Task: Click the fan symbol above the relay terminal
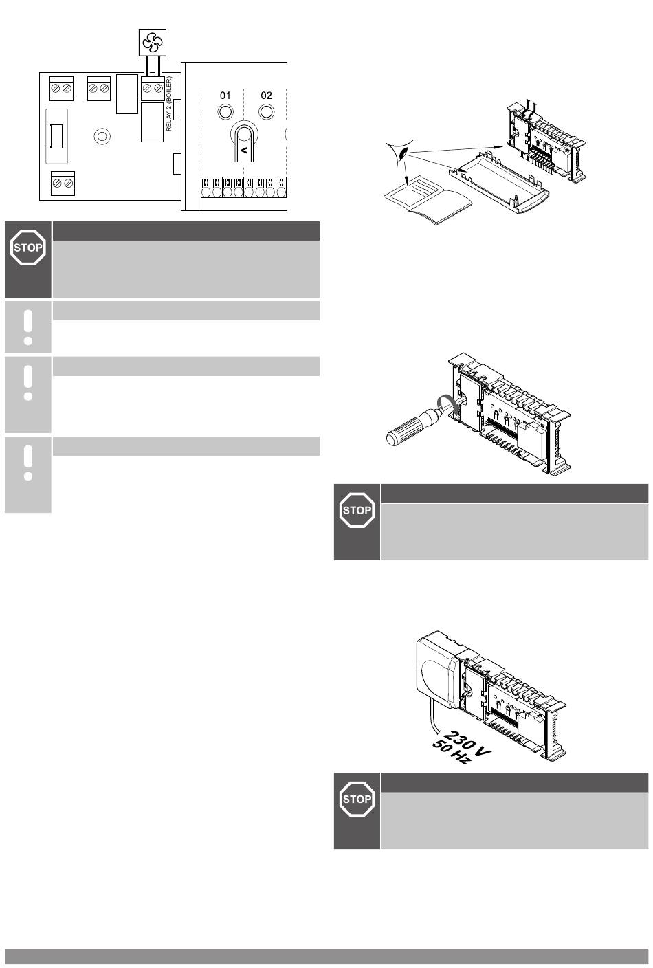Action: (152, 43)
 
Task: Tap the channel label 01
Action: (225, 95)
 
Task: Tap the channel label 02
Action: (266, 95)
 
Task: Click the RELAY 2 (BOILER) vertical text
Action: (169, 104)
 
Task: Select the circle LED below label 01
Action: (225, 112)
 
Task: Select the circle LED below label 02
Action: (266, 112)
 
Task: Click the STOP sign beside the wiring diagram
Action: (28, 247)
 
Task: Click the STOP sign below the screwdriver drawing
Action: (357, 510)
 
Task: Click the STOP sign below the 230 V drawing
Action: (357, 799)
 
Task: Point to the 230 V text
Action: (467, 742)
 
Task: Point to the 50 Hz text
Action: (450, 753)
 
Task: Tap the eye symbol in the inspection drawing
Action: (400, 152)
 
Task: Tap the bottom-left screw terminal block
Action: (63, 184)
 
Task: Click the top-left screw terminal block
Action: (61, 89)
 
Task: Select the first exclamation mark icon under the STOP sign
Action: (28, 327)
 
